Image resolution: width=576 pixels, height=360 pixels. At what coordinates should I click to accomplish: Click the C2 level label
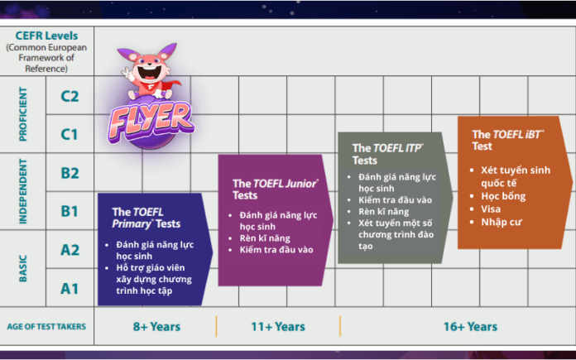coord(70,96)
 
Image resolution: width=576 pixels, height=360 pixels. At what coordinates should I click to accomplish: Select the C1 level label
coord(70,134)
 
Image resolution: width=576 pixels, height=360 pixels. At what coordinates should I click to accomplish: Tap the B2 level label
coord(70,173)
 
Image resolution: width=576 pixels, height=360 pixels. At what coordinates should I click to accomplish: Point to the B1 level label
coord(70,211)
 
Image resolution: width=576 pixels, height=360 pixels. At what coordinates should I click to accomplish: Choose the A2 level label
coord(70,250)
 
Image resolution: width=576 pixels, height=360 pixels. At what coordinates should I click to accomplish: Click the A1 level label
coord(70,288)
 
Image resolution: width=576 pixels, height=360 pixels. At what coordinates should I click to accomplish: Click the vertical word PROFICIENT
coord(24,115)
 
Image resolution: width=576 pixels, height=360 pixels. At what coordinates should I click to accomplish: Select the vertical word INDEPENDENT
coord(24,192)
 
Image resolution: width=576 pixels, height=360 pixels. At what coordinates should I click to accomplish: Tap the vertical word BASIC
coord(24,269)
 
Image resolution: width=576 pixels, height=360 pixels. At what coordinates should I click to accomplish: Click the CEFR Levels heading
coord(47,37)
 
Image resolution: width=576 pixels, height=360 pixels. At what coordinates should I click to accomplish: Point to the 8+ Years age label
coord(156,327)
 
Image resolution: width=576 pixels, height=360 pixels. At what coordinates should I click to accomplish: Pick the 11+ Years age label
coord(278,327)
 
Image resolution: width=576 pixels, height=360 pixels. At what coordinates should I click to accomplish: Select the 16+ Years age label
coord(470,327)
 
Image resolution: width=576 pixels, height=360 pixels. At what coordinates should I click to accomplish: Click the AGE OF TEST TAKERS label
coord(47,327)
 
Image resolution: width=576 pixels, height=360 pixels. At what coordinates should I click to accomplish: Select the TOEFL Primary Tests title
coord(146,217)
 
